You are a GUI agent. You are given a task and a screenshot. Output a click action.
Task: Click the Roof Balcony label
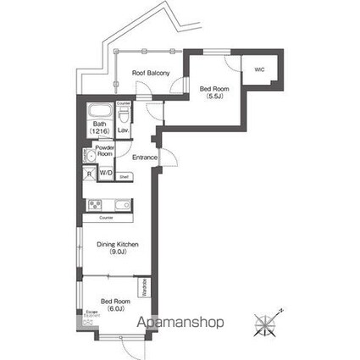152,74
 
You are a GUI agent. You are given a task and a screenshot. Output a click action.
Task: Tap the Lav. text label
123,130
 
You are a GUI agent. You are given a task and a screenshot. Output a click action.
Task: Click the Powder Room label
104,151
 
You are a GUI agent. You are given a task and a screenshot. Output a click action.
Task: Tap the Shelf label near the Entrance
124,177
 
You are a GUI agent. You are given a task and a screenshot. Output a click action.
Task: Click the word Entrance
146,157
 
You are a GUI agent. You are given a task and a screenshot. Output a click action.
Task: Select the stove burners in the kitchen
95,205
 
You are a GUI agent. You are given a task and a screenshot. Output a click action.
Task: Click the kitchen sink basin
120,205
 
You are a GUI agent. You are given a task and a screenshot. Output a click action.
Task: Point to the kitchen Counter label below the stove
107,219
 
